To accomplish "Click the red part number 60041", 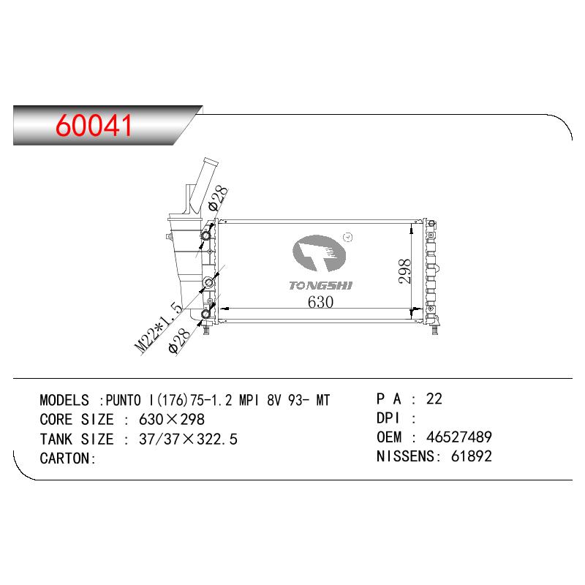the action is [x=94, y=124].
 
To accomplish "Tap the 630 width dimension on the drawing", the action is [x=320, y=302].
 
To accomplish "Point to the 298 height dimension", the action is [x=404, y=271].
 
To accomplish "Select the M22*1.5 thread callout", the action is [x=158, y=328].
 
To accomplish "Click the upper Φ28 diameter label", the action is [x=217, y=198].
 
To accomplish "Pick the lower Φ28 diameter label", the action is [x=179, y=341].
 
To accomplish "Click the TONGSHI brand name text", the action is [x=320, y=285].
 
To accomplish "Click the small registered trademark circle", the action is [x=348, y=237].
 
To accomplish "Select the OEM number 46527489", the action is [x=459, y=437].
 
